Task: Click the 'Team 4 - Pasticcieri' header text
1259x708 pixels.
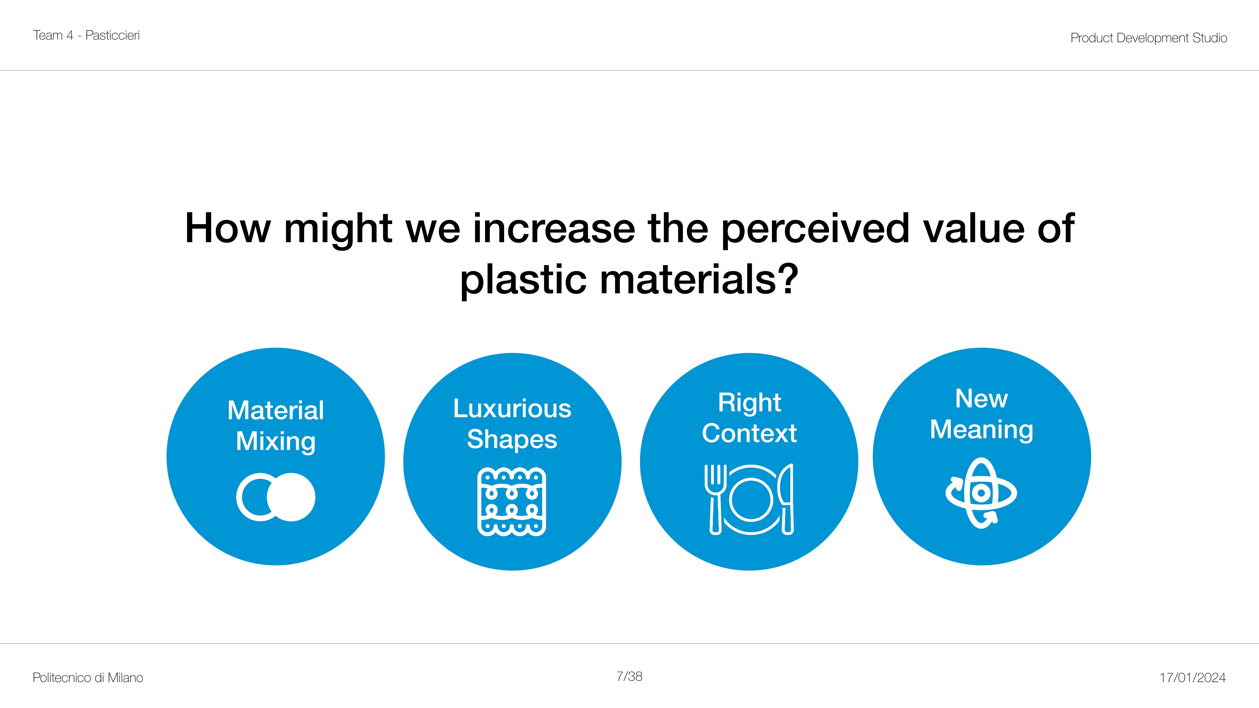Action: [x=87, y=35]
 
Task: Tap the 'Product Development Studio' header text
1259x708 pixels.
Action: [x=1149, y=38]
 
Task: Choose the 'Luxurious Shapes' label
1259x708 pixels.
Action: [x=512, y=424]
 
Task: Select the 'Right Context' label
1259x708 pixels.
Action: [x=749, y=418]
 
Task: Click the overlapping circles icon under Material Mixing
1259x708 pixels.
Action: [x=276, y=497]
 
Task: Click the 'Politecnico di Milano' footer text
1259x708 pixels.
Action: [x=88, y=678]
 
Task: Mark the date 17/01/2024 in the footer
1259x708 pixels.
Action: [x=1193, y=678]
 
